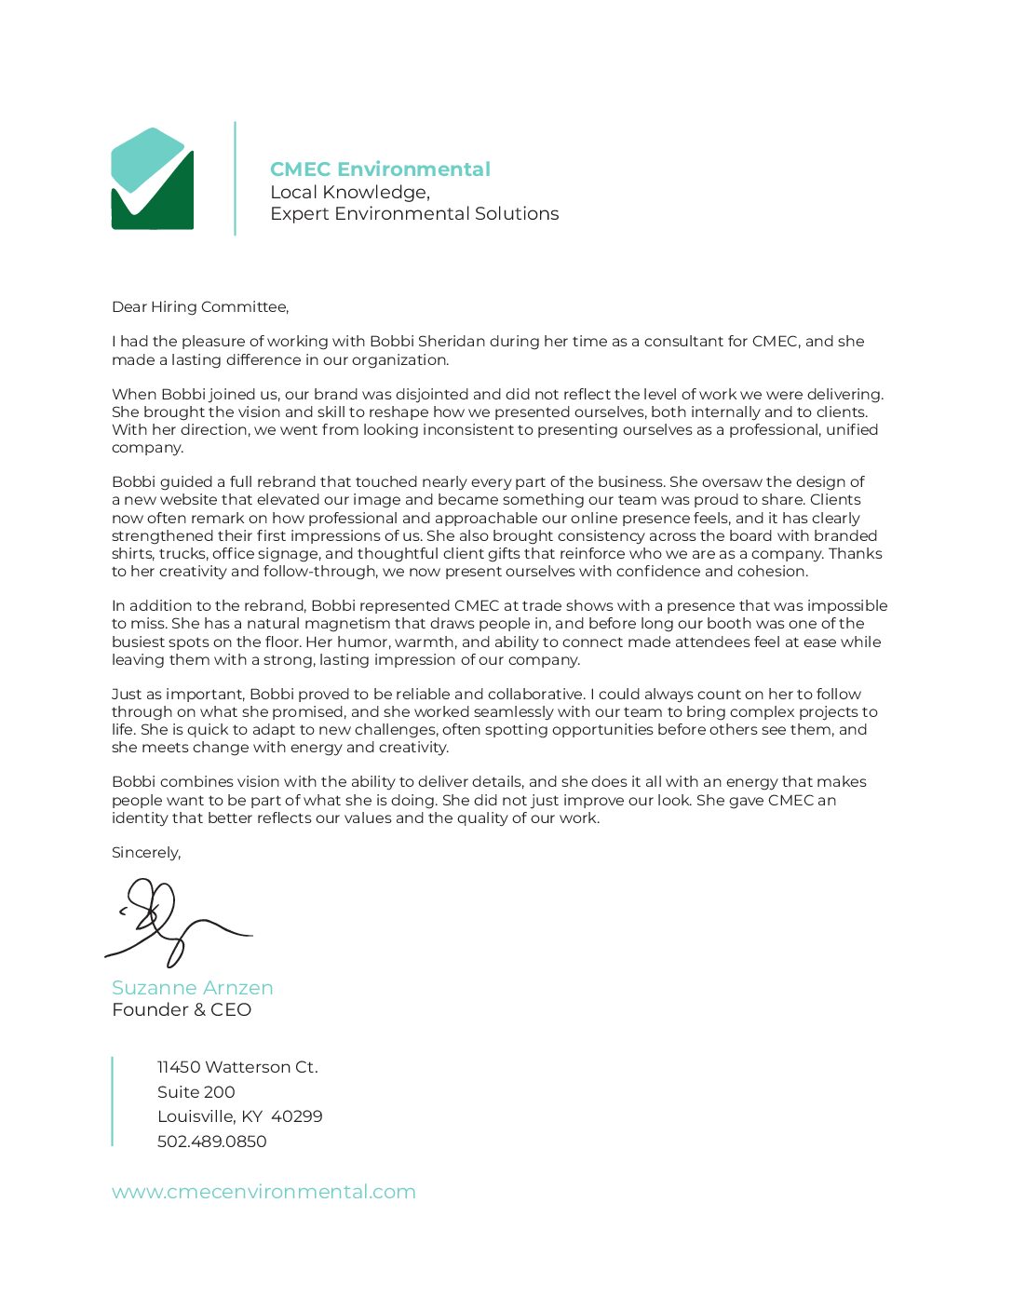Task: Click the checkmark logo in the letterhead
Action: [x=153, y=179]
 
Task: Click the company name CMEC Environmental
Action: [x=380, y=169]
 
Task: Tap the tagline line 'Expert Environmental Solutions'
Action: [x=414, y=214]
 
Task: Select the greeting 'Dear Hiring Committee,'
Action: [x=200, y=307]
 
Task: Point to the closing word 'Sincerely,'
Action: [x=146, y=853]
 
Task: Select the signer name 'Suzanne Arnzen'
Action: [x=193, y=988]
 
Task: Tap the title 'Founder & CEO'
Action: [x=182, y=1010]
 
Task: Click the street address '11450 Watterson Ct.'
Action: [x=237, y=1067]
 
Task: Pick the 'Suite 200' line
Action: [x=196, y=1092]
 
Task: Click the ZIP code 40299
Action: [x=297, y=1116]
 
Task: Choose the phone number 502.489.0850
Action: [x=212, y=1142]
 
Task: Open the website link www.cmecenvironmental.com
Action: [x=263, y=1192]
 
